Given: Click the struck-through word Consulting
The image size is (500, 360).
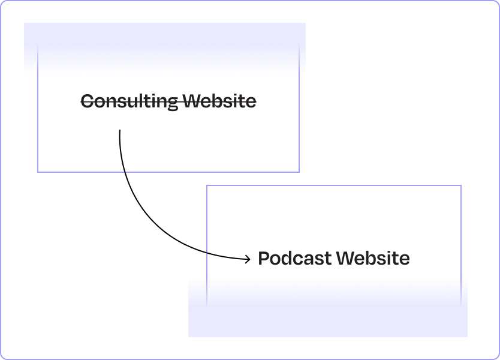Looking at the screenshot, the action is [x=129, y=101].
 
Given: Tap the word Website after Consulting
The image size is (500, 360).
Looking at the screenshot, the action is [x=219, y=101].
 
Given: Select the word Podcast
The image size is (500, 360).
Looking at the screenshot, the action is [x=294, y=259].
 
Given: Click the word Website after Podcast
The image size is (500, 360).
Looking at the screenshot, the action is [x=373, y=259].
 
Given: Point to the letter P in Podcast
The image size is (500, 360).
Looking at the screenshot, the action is [x=264, y=259].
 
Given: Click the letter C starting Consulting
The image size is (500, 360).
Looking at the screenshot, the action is [x=87, y=101].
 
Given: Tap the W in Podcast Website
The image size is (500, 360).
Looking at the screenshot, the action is [x=345, y=259].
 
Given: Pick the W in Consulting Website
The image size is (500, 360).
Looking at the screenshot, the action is [x=192, y=101].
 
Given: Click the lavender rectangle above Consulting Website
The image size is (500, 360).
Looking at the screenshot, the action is [x=165, y=48].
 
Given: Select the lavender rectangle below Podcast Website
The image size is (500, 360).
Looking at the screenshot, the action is [x=328, y=307].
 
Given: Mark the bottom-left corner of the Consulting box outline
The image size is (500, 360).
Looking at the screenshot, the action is [x=38, y=172].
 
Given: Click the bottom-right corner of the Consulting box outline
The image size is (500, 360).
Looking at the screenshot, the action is [x=299, y=172].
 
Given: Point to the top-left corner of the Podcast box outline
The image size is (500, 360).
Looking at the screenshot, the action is [x=207, y=185].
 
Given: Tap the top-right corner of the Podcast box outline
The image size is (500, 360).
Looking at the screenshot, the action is [x=461, y=185].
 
